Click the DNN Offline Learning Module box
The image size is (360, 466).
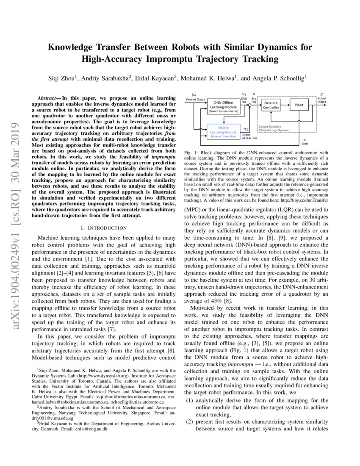[x=223, y=107]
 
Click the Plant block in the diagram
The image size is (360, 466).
[x=299, y=105]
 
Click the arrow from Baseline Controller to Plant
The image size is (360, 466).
[x=285, y=105]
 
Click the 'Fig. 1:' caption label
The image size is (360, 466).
[x=191, y=152]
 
